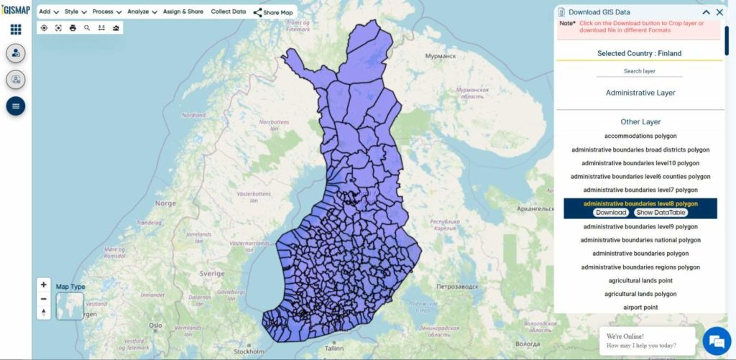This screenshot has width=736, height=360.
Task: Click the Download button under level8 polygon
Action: click(x=610, y=213)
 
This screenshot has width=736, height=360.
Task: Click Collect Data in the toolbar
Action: click(x=228, y=11)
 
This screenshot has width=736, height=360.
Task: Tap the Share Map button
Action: click(x=274, y=12)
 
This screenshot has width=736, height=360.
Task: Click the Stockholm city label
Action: click(x=249, y=352)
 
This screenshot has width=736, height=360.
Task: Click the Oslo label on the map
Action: click(x=155, y=325)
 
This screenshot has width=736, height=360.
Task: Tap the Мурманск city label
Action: click(x=441, y=55)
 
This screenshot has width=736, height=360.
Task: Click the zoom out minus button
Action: click(x=44, y=298)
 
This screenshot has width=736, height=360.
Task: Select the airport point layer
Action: click(x=640, y=308)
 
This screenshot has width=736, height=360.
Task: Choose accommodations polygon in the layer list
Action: click(x=640, y=136)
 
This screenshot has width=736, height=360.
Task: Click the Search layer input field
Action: click(x=639, y=71)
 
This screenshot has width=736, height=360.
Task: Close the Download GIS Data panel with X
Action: click(x=719, y=12)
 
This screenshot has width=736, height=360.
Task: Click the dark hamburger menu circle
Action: click(x=16, y=106)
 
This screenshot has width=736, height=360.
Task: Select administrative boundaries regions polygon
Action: click(x=640, y=267)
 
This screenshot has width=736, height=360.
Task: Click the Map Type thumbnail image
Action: click(x=70, y=305)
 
